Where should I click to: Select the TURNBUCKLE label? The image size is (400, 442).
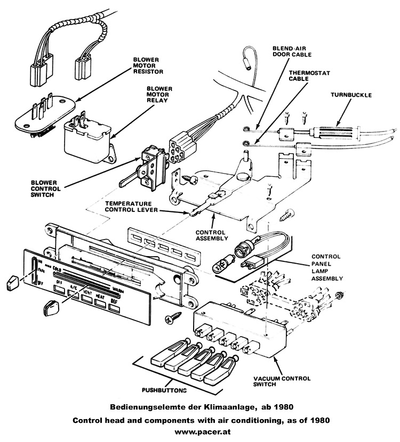pos(350,95)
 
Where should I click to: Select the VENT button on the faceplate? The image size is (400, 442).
pos(87,297)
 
